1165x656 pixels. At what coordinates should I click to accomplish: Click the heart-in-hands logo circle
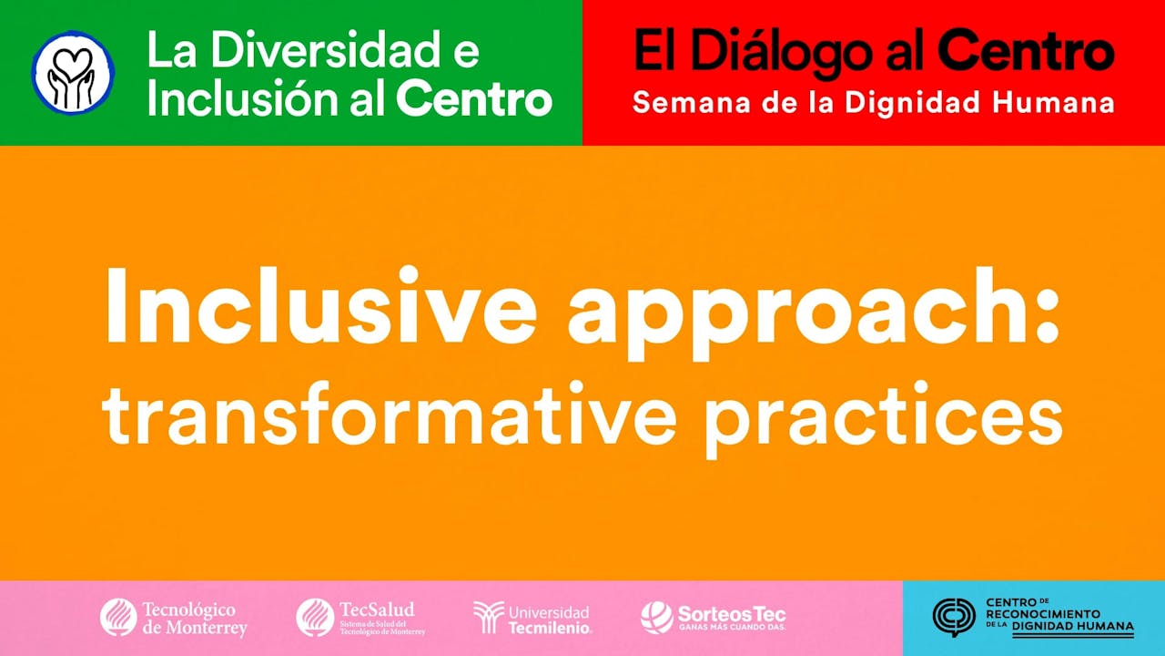click(x=73, y=72)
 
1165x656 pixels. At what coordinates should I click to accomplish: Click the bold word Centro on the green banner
click(x=474, y=99)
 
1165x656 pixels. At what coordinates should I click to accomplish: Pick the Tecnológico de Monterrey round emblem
click(x=118, y=617)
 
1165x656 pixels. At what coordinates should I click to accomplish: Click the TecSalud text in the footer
click(x=376, y=610)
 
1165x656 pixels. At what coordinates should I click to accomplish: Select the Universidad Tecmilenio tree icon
click(x=489, y=617)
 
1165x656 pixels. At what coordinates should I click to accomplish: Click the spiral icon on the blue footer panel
click(x=954, y=617)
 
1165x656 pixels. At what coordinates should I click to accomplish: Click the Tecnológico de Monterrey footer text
click(x=194, y=618)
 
